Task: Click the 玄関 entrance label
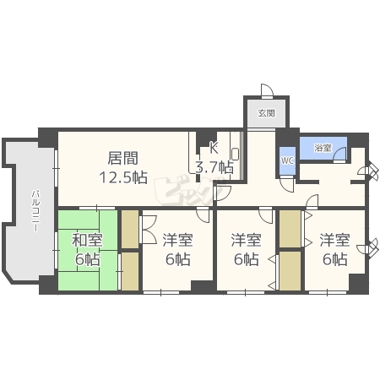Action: click(x=266, y=112)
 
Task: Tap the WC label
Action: click(x=286, y=160)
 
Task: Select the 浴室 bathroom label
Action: click(x=322, y=147)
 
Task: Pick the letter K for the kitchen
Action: click(x=214, y=146)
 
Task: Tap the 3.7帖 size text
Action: click(x=214, y=167)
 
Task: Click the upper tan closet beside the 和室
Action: click(x=129, y=228)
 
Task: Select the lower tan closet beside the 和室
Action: click(x=129, y=271)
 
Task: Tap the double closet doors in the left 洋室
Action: click(x=147, y=228)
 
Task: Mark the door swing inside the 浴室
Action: click(x=340, y=154)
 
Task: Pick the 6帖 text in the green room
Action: click(x=84, y=260)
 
